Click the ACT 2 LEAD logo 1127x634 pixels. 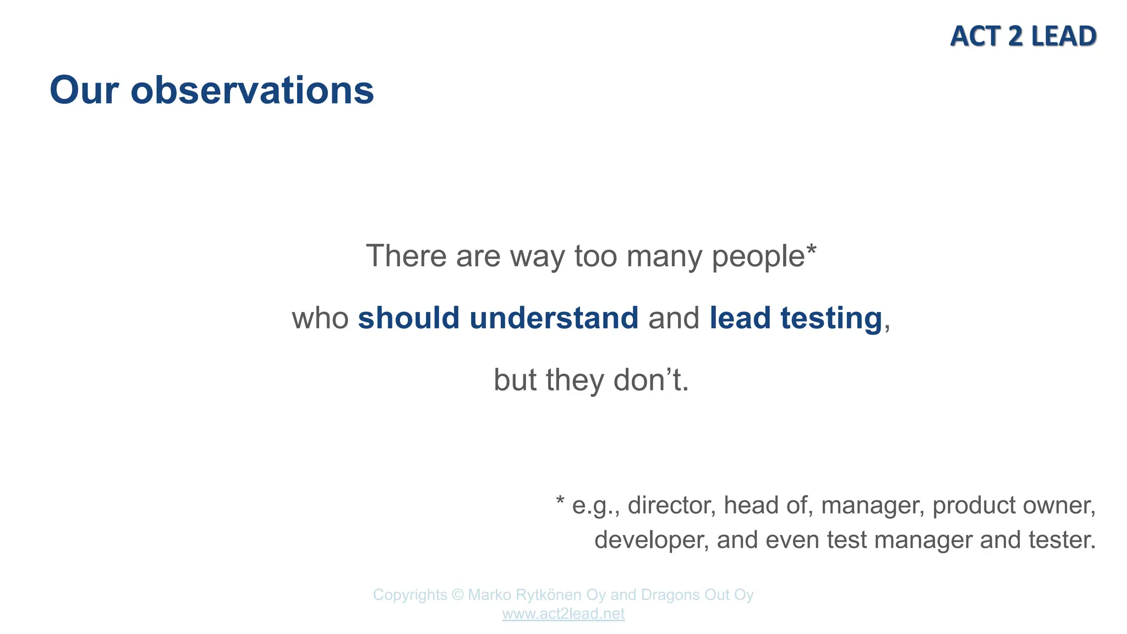1023,36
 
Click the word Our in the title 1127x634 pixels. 84,90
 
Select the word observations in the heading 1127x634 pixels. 252,90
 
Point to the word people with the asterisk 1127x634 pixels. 763,256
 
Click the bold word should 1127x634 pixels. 408,318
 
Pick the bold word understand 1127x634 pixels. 554,318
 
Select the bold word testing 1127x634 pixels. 831,318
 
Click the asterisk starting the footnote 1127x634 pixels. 560,502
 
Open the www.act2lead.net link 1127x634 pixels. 563,614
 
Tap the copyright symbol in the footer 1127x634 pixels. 457,595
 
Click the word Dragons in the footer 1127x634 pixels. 666,595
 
